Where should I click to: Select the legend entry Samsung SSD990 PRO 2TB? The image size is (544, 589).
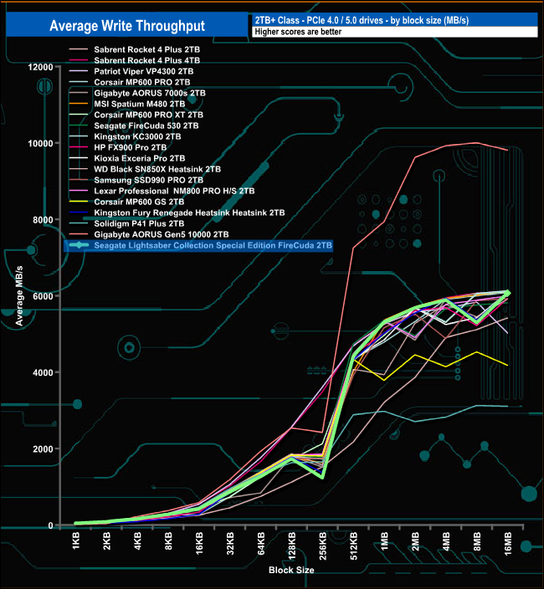coord(149,180)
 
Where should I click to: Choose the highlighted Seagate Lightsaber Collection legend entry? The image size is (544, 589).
coord(213,246)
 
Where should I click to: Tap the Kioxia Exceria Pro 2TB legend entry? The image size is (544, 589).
coord(140,158)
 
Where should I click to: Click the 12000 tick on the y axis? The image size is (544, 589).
coord(38,67)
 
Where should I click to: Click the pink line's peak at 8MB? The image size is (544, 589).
coord(477,143)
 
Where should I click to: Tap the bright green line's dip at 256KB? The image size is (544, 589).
coord(322,477)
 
